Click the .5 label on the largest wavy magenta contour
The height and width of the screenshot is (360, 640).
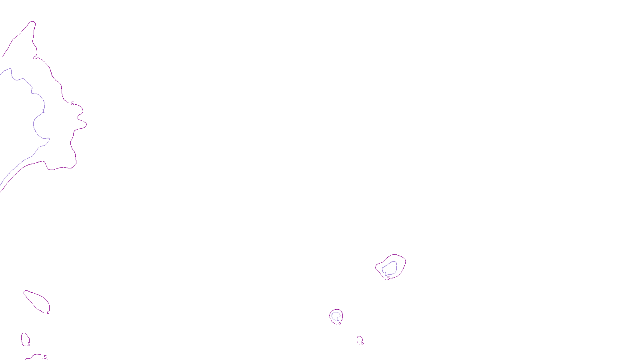click(72, 104)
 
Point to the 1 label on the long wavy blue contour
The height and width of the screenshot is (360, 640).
click(43, 111)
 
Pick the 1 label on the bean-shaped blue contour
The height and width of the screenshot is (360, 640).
click(386, 274)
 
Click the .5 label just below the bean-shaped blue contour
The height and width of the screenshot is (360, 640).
click(388, 278)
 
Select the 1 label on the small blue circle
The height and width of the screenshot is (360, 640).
click(338, 319)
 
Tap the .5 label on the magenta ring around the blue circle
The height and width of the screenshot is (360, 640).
click(339, 323)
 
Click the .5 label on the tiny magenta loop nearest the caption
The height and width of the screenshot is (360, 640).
click(362, 343)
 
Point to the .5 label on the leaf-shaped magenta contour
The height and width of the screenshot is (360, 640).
click(48, 314)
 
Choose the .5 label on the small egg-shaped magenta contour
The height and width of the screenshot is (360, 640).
click(28, 344)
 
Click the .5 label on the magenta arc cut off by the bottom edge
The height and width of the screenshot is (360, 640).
click(45, 357)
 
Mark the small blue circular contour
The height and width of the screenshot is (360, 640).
click(336, 316)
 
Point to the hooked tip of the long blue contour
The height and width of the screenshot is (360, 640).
click(48, 139)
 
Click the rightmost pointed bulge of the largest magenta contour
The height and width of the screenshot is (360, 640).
click(86, 124)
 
